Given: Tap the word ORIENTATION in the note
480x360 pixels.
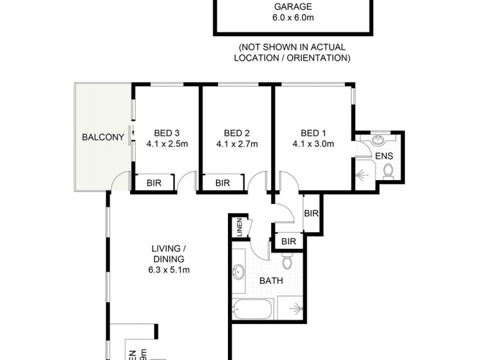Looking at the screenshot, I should coord(319,58).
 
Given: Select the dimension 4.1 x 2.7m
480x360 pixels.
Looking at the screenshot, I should coord(236,144).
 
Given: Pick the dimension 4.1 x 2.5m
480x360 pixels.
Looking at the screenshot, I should coord(167,144).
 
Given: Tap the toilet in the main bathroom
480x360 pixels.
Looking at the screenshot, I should coord(287,262).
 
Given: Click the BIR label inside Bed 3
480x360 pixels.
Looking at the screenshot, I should coord(154,183).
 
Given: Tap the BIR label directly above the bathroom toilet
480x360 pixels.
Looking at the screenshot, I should coord(289,242).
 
